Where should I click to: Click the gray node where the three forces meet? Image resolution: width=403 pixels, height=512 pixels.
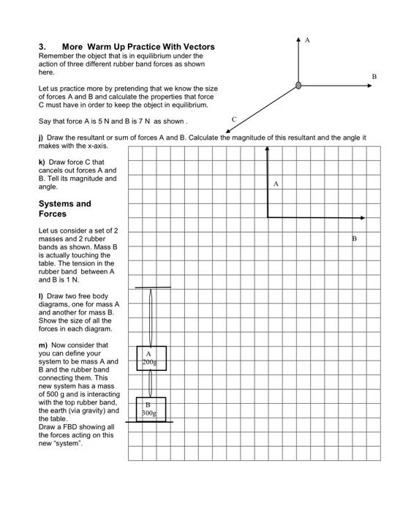(x=298, y=86)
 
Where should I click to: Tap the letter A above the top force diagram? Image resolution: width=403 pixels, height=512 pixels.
(x=307, y=39)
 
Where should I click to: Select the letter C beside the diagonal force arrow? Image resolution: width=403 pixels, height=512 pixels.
(x=233, y=118)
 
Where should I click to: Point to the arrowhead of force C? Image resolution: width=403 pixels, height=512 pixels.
(x=228, y=129)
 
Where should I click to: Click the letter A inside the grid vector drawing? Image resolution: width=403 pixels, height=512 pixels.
(x=276, y=184)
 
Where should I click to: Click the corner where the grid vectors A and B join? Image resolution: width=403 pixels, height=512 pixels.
(x=268, y=217)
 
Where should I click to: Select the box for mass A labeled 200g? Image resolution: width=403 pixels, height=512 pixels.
(x=151, y=358)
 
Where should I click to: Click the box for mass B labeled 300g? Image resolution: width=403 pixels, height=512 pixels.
(x=151, y=409)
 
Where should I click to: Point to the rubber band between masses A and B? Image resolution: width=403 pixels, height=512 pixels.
(x=151, y=383)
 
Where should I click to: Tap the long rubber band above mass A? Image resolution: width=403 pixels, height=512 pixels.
(x=151, y=316)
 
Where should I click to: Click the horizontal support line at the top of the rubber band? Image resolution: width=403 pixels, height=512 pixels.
(x=152, y=287)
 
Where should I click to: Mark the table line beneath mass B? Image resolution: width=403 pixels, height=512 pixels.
(x=149, y=422)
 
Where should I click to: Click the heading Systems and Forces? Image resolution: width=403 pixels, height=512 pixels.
(x=64, y=208)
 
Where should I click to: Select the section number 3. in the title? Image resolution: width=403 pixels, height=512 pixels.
(x=42, y=47)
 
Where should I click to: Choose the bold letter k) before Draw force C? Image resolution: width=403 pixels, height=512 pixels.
(x=41, y=162)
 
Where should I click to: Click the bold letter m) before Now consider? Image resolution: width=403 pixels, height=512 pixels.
(x=42, y=345)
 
